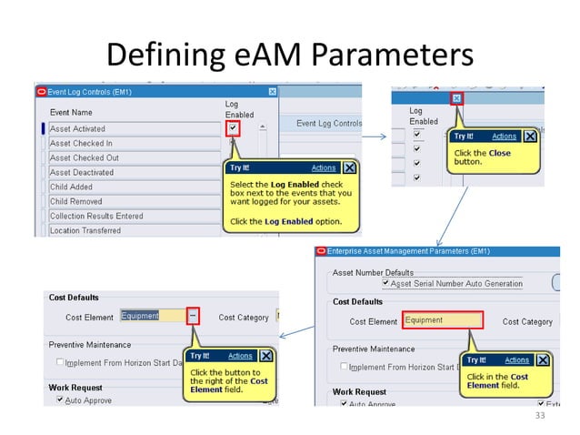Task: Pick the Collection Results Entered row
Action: point(95,217)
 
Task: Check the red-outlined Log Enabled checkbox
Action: point(234,129)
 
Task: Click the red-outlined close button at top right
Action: point(456,97)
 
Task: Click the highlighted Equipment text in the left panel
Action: point(140,316)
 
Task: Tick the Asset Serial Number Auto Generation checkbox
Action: point(385,284)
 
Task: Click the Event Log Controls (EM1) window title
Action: point(88,91)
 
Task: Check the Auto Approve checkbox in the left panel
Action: point(60,400)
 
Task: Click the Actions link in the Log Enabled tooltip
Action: point(323,168)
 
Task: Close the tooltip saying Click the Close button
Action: point(529,137)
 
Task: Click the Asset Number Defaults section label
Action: point(373,272)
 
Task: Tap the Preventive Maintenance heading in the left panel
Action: point(89,345)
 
